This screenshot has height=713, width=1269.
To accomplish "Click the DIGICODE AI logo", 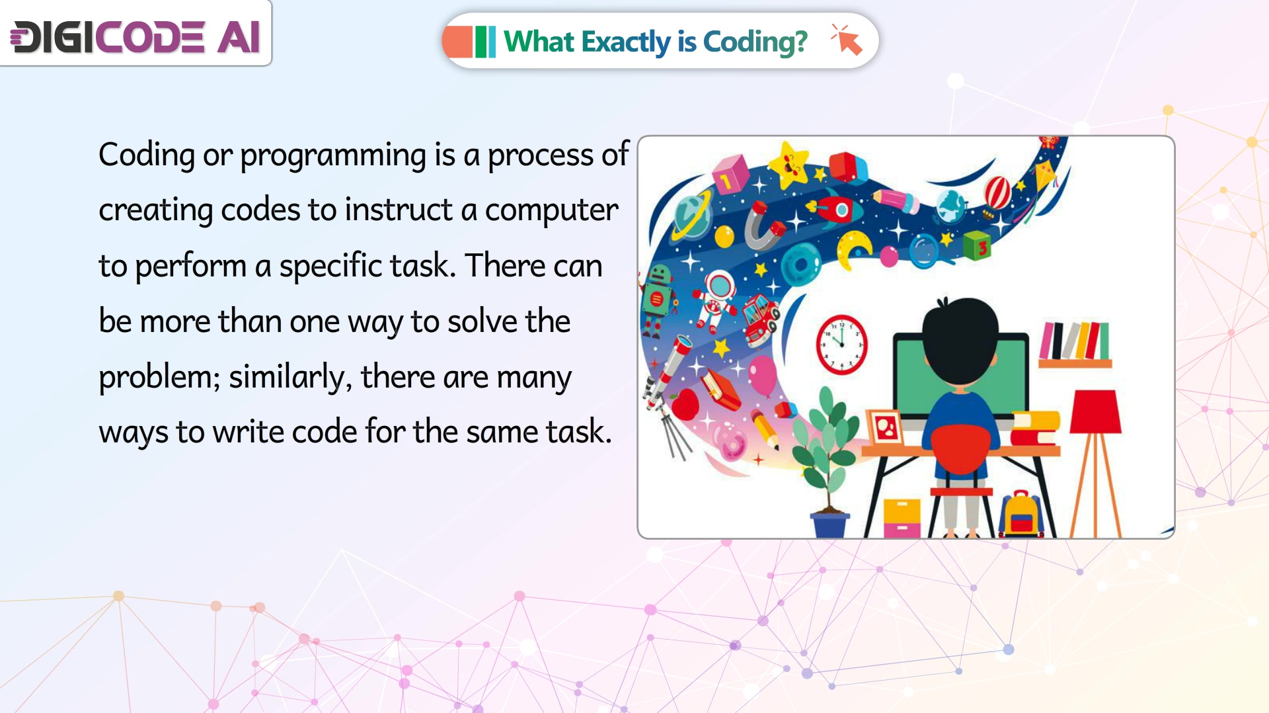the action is coord(135,36).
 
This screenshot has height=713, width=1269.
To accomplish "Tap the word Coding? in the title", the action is coord(755,42).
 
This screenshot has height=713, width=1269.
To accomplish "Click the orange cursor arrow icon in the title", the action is coord(847,40).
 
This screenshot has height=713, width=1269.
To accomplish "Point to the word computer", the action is coord(552,211).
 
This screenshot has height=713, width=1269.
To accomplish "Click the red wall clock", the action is coord(841,345).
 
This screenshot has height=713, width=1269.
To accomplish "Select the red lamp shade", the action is coord(1095,411).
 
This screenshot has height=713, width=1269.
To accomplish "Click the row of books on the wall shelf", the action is coord(1075,340).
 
